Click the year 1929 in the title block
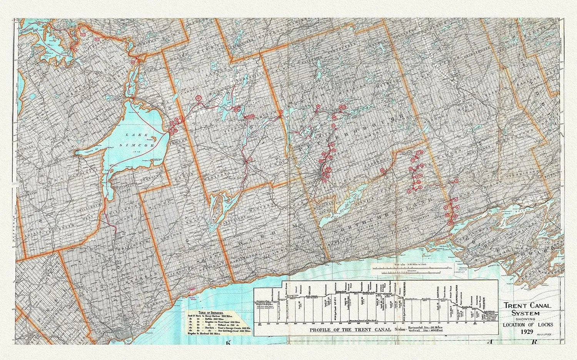tap(527, 331)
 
